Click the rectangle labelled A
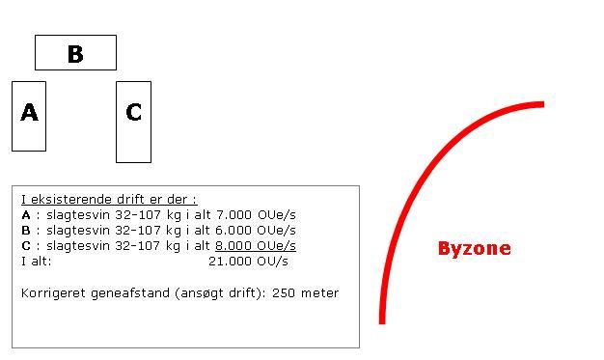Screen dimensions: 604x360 pyautogui.click(x=29, y=116)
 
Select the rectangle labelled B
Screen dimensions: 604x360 pyautogui.click(x=75, y=52)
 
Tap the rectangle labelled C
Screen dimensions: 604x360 pyautogui.click(x=134, y=122)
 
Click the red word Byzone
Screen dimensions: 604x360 pyautogui.click(x=474, y=249)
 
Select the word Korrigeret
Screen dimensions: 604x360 pyautogui.click(x=53, y=293)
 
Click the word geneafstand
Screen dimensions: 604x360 pyautogui.click(x=130, y=293)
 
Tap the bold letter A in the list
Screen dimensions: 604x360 pyautogui.click(x=26, y=214)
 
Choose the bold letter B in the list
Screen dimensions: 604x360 pyautogui.click(x=26, y=230)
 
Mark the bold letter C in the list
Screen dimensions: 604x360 pyautogui.click(x=26, y=245)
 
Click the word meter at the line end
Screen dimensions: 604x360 pyautogui.click(x=319, y=293)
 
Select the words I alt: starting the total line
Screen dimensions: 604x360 pyautogui.click(x=37, y=262)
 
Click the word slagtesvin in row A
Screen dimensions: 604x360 pyautogui.click(x=78, y=215)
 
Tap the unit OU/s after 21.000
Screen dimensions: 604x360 pyautogui.click(x=272, y=262)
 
